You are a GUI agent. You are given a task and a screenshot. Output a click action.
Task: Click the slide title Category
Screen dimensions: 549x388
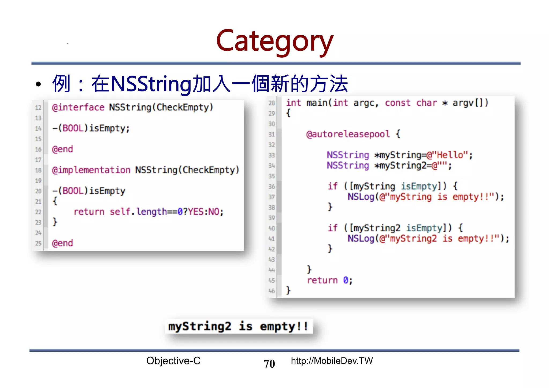click(274, 41)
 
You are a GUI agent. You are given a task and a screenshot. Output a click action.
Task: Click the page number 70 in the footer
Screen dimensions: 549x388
click(269, 364)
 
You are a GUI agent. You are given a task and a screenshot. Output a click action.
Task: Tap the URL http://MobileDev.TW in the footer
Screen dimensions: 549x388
click(332, 361)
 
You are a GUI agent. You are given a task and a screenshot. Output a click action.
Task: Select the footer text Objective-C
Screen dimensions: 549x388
click(173, 361)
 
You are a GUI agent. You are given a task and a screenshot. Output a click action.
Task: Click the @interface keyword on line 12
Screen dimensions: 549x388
click(78, 107)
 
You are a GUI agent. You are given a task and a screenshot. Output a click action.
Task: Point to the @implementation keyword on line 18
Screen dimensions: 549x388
click(91, 170)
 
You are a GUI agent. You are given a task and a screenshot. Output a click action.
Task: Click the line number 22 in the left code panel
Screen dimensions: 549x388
click(38, 212)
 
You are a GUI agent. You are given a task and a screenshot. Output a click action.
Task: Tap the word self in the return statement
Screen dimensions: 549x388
click(120, 212)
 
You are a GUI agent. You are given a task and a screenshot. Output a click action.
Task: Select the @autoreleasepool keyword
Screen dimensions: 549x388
click(348, 134)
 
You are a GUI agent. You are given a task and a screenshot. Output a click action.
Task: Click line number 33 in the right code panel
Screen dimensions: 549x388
click(272, 155)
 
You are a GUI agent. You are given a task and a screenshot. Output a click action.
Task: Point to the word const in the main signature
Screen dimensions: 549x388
click(398, 103)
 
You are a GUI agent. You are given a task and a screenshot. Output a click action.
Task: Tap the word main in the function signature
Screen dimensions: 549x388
click(317, 103)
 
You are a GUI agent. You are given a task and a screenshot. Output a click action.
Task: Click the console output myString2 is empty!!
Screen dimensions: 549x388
click(238, 326)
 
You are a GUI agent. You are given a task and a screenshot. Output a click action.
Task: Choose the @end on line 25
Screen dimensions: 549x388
click(62, 243)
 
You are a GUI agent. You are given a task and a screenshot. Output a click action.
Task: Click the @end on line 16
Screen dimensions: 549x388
click(62, 149)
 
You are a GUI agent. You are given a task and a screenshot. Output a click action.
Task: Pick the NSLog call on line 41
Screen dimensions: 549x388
click(361, 238)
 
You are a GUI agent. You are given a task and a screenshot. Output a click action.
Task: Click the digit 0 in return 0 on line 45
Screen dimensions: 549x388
click(346, 280)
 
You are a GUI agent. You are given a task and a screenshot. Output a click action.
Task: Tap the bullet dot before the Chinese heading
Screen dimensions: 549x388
click(38, 84)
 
